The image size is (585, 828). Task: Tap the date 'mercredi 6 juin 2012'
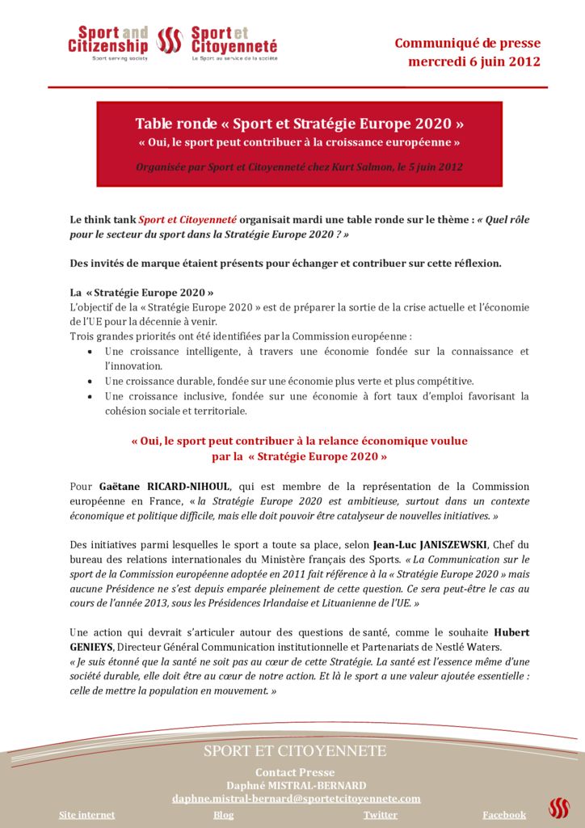click(x=474, y=61)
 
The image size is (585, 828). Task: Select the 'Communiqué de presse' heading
click(x=467, y=44)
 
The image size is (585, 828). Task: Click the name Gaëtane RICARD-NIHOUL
click(x=165, y=486)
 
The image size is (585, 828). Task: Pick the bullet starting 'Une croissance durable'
click(x=288, y=381)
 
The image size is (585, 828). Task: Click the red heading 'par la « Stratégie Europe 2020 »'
click(x=299, y=456)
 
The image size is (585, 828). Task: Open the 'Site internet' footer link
click(x=87, y=815)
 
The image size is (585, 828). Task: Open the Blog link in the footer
click(x=224, y=815)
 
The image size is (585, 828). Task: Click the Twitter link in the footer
click(x=381, y=815)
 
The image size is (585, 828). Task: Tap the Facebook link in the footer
click(x=504, y=815)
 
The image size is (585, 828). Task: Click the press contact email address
click(x=297, y=798)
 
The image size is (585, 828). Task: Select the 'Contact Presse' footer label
click(x=295, y=772)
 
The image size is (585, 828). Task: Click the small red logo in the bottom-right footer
click(x=559, y=807)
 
